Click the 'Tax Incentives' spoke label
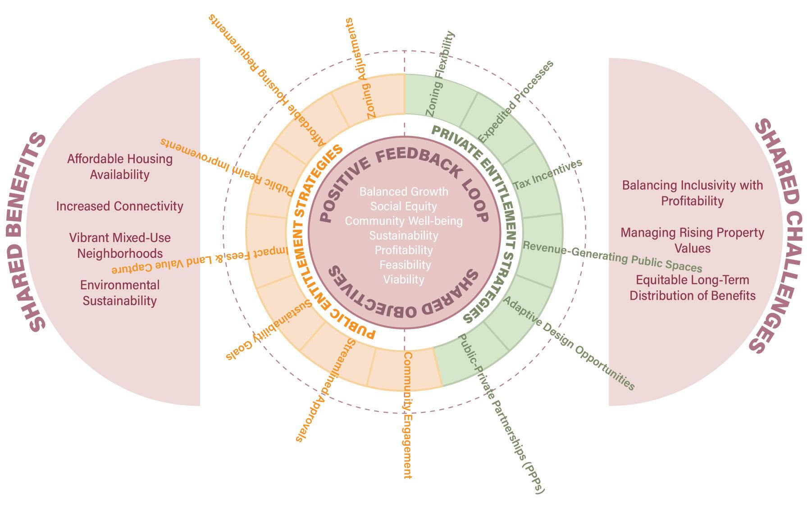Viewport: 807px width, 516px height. [x=547, y=174]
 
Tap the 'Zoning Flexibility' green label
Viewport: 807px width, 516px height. [x=440, y=74]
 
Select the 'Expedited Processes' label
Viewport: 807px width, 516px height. [x=515, y=102]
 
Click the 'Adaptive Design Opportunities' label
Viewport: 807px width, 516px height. [x=569, y=343]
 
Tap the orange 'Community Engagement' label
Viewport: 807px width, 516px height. [x=407, y=415]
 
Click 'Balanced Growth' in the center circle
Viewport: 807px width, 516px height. [x=404, y=192]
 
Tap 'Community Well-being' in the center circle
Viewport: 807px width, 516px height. [x=404, y=221]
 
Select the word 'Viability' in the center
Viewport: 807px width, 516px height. [x=404, y=279]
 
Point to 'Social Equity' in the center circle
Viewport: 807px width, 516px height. [x=404, y=206]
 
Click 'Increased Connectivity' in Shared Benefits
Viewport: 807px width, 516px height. [x=120, y=206]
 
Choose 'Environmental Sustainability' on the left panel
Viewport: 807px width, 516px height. [x=120, y=293]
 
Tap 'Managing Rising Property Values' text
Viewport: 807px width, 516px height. [x=692, y=240]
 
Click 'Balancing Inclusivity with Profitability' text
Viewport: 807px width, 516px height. [x=692, y=193]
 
